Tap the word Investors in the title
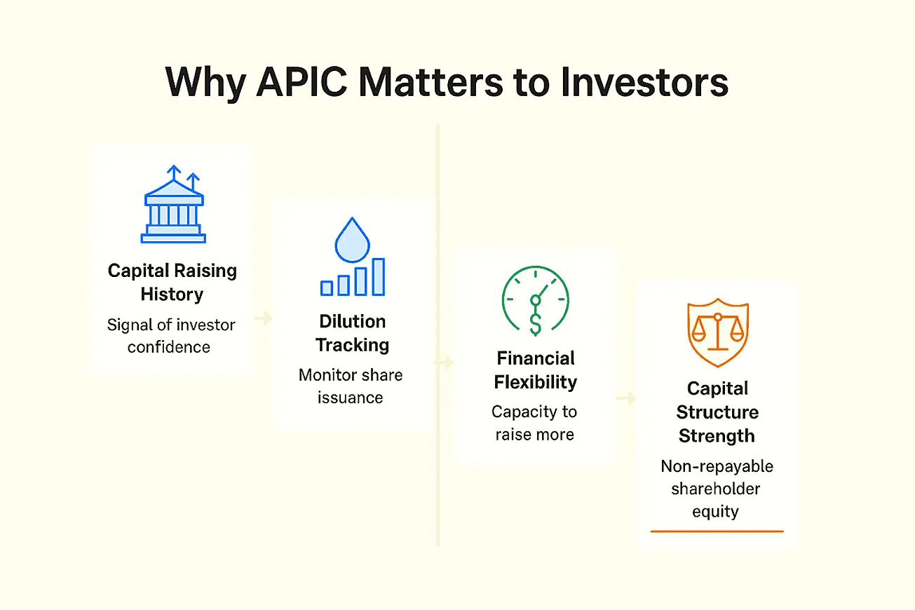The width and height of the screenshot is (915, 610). click(644, 82)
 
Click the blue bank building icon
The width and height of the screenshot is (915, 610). click(173, 204)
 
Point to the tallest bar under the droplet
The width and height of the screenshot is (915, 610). click(378, 277)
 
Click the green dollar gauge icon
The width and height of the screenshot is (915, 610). click(536, 301)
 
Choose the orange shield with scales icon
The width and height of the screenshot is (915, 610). click(718, 332)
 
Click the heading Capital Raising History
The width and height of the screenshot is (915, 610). click(172, 283)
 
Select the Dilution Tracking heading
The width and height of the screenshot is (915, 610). click(352, 333)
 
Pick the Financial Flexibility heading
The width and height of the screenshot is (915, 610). click(536, 370)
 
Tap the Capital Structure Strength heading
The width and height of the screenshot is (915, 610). click(717, 412)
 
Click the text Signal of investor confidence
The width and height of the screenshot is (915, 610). click(171, 336)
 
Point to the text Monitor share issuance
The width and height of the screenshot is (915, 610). click(351, 386)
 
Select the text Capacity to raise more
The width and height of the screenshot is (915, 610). click(534, 423)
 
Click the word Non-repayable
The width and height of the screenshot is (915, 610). click(717, 466)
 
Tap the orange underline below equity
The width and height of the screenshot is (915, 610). click(717, 531)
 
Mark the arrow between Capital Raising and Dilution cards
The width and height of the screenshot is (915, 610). click(263, 318)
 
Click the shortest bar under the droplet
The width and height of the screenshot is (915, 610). click(326, 288)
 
